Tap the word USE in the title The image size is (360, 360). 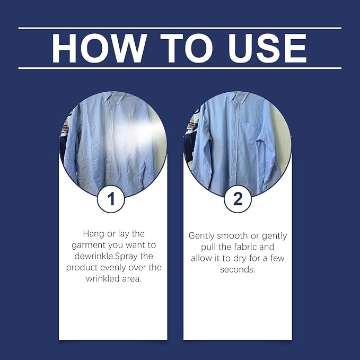point(267,48)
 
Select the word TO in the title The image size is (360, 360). point(187,48)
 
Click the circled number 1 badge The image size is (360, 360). point(111,199)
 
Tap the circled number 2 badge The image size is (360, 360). point(238,199)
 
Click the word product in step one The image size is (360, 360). point(82,268)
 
